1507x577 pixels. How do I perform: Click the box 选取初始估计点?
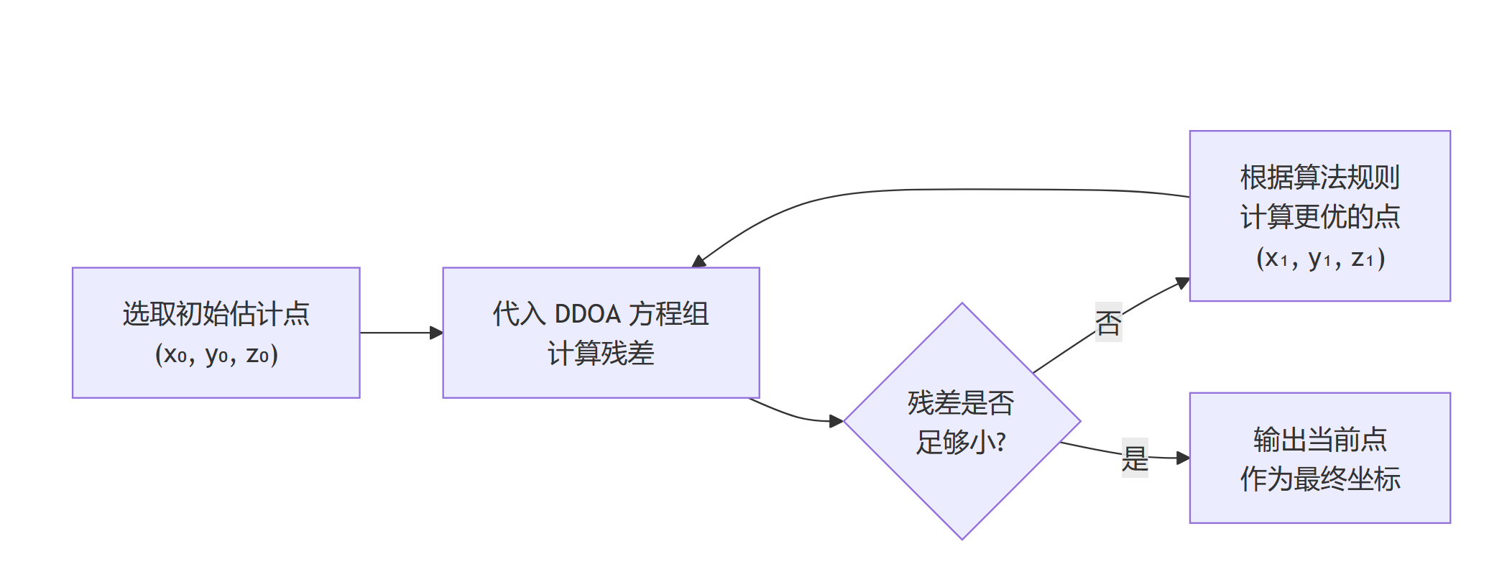216,333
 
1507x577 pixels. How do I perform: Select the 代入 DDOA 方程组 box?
601,333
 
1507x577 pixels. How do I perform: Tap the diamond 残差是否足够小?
962,421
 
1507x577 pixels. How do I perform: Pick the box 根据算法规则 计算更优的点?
1319,216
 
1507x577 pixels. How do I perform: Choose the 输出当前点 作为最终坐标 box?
1319,458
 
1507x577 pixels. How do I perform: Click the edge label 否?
1108,323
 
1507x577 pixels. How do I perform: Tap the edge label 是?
1135,458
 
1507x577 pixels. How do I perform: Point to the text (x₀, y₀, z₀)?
216,354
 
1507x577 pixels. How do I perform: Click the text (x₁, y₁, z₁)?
1320,257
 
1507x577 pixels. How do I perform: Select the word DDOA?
587,314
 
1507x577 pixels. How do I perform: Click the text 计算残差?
601,354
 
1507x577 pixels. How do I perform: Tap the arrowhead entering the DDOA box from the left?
437,333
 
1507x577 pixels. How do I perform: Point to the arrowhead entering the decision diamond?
837,421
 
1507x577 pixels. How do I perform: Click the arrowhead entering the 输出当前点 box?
1183,458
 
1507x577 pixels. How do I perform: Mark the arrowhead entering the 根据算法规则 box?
1183,283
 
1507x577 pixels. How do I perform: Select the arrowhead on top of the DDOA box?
699,262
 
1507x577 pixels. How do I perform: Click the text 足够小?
961,442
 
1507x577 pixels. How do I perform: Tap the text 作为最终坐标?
1320,479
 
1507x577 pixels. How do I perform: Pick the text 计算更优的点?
1320,216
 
